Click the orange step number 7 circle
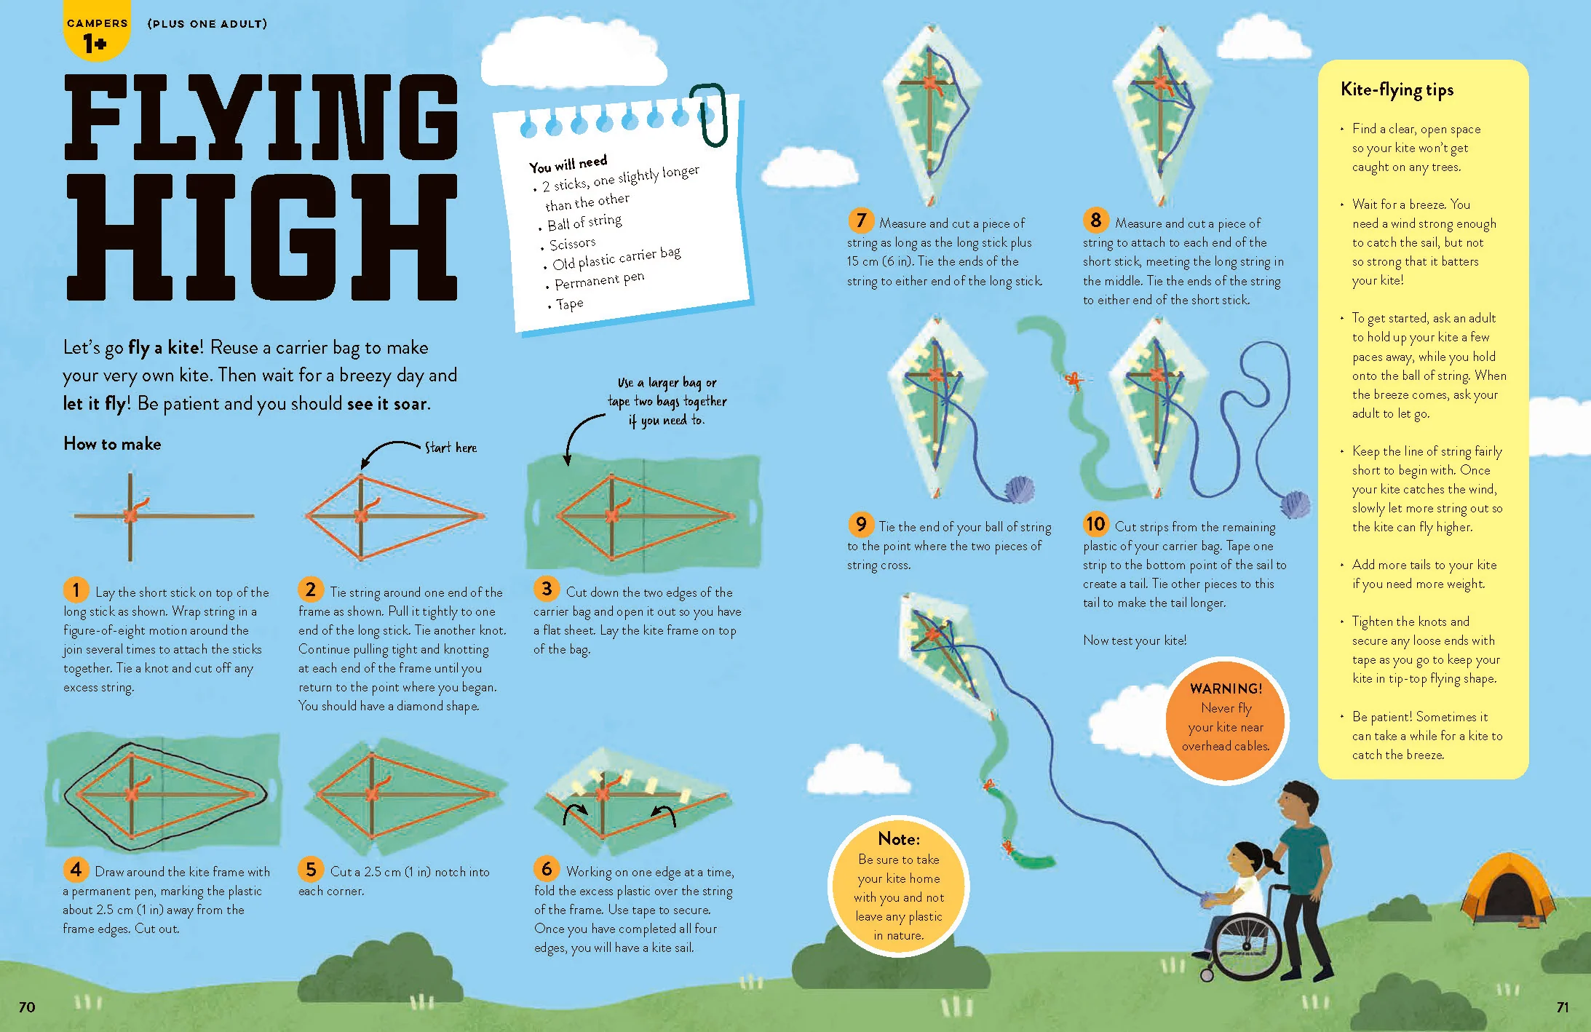(860, 220)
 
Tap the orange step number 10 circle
(1095, 523)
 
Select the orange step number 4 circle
(76, 868)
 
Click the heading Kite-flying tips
(1397, 90)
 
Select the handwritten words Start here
(451, 447)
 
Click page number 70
(27, 1007)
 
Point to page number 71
(1562, 1007)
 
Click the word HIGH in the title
(262, 237)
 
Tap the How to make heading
(112, 444)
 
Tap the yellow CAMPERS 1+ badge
(97, 30)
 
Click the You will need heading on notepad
(568, 163)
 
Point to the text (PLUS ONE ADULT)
(207, 23)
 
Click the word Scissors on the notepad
(572, 243)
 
